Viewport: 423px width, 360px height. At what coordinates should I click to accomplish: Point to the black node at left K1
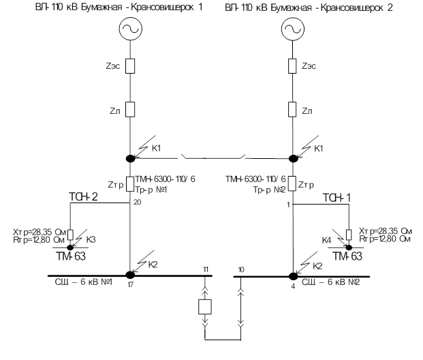pyautogui.click(x=131, y=159)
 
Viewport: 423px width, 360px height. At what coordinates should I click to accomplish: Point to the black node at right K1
pyautogui.click(x=294, y=159)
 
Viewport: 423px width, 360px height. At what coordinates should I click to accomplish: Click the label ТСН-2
pyautogui.click(x=83, y=197)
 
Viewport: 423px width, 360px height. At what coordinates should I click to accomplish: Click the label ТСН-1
pyautogui.click(x=336, y=198)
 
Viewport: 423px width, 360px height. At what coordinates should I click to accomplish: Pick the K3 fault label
pyautogui.click(x=91, y=239)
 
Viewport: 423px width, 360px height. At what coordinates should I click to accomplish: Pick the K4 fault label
pyautogui.click(x=326, y=240)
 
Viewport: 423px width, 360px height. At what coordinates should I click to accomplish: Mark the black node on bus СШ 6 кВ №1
pyautogui.click(x=130, y=275)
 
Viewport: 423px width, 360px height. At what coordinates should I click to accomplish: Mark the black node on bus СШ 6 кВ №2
pyautogui.click(x=294, y=276)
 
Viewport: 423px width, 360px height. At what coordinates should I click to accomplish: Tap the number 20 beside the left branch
pyautogui.click(x=138, y=202)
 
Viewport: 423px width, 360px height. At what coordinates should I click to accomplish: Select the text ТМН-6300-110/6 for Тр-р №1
pyautogui.click(x=165, y=179)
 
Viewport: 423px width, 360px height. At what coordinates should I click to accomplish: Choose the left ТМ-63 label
pyautogui.click(x=71, y=256)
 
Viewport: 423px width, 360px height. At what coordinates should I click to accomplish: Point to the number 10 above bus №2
pyautogui.click(x=241, y=269)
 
